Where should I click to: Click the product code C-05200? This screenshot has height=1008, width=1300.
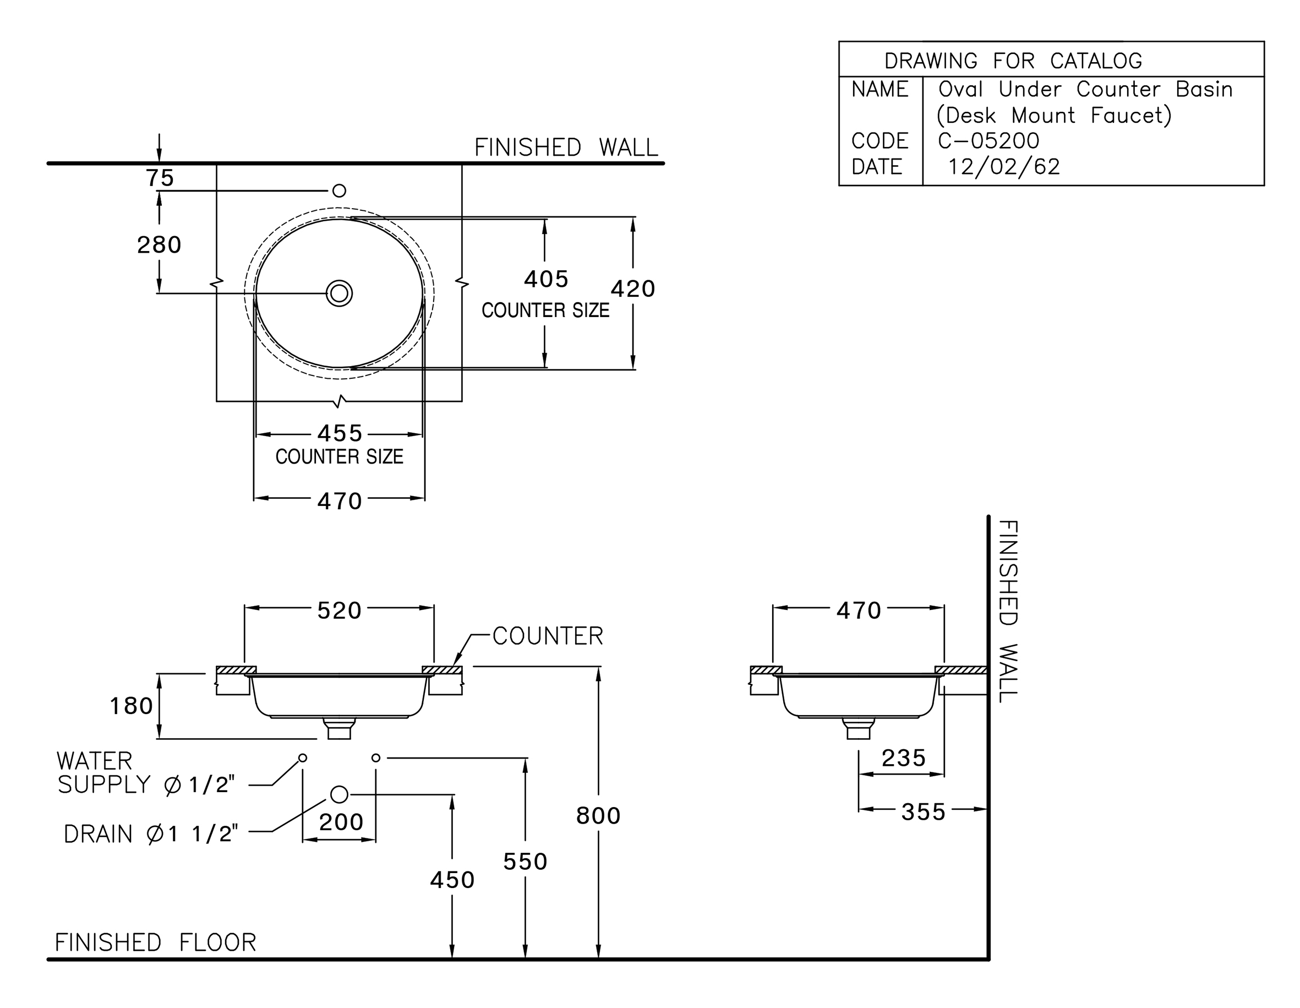tap(988, 141)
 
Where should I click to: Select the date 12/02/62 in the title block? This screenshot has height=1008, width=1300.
tap(1003, 167)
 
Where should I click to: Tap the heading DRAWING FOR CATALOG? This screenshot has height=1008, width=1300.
tap(1013, 61)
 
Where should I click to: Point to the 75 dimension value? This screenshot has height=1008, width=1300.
tap(160, 178)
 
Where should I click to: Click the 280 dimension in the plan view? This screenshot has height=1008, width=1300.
tap(159, 245)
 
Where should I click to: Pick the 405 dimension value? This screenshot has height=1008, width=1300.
tap(546, 279)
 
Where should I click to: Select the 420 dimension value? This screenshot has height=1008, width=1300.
tap(633, 289)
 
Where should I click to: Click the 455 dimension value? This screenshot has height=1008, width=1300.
tap(340, 433)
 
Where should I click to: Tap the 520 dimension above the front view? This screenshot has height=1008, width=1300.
tap(339, 611)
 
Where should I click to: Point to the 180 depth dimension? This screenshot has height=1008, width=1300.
tap(132, 706)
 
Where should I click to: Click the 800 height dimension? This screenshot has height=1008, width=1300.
tap(598, 816)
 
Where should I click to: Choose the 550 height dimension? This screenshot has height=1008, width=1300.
tap(525, 862)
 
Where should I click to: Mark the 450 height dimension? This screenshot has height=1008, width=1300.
tap(452, 880)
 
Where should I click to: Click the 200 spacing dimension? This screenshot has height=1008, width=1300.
tap(341, 822)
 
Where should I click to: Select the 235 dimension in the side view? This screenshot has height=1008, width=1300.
tap(904, 758)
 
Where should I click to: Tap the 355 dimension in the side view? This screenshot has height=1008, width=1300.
tap(923, 812)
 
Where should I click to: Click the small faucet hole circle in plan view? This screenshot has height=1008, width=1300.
tap(339, 190)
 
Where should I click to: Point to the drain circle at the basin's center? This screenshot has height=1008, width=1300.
tap(339, 293)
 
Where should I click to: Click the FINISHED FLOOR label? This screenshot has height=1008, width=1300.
tap(155, 942)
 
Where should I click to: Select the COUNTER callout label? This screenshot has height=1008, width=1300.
tap(548, 636)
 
